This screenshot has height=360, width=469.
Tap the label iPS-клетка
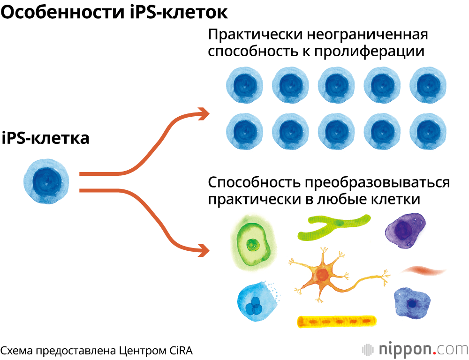tap(45, 139)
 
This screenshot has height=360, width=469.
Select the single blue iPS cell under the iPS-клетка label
tap(46, 181)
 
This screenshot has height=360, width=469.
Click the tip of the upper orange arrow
tap(208, 112)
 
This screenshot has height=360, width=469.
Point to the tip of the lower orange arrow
tap(208, 249)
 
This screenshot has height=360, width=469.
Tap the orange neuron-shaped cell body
tap(322, 275)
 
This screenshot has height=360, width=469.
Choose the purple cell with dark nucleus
tap(405, 230)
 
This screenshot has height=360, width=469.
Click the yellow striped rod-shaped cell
tap(337, 321)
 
